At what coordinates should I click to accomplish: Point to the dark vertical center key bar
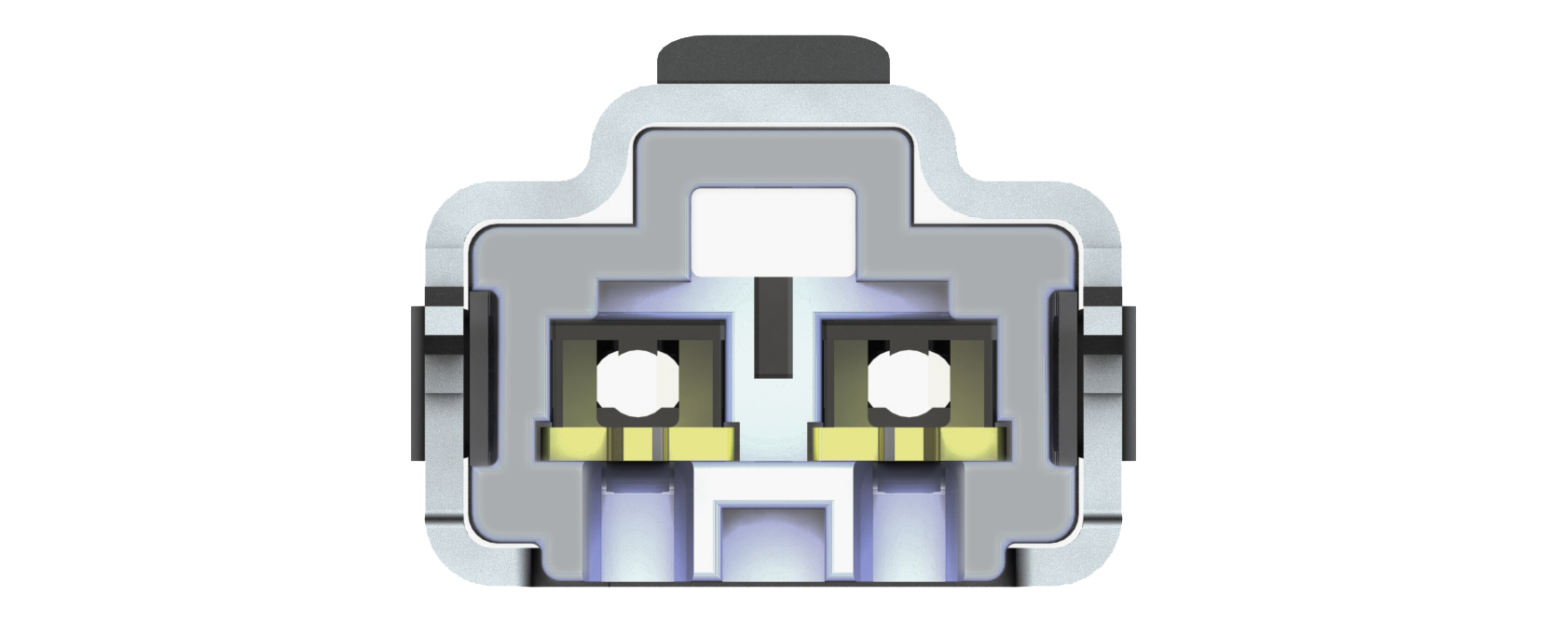point(773,327)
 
